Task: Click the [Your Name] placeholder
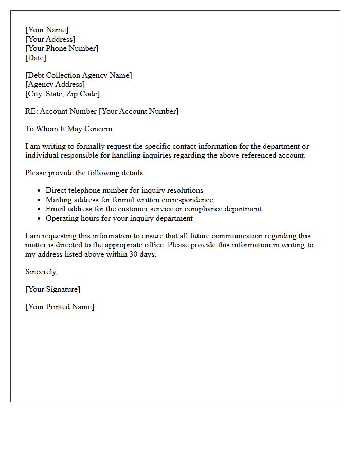47,30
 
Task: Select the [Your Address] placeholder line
50,39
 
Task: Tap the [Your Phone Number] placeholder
62,48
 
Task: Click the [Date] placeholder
36,58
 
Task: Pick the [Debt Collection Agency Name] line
79,75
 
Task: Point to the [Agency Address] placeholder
55,84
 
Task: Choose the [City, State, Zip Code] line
63,94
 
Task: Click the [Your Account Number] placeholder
139,111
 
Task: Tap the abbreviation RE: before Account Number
31,111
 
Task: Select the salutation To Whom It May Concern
69,129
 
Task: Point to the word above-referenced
242,155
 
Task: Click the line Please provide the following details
85,173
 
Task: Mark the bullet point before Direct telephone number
39,191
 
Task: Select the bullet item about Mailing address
129,200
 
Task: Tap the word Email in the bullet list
55,209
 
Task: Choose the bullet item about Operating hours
119,218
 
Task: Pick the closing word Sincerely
41,272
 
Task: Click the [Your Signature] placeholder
52,289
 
